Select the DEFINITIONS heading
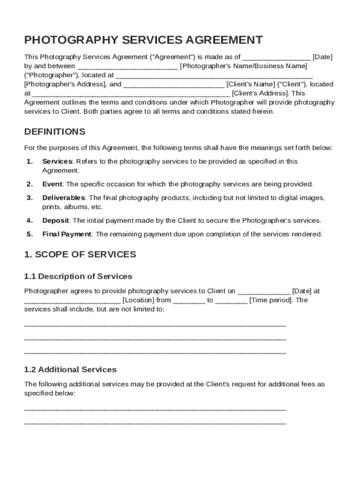coord(55,131)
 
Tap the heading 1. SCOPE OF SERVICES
coord(80,254)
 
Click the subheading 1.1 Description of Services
coord(78,276)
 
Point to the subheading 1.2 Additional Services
coord(70,370)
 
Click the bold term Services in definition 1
coord(57,161)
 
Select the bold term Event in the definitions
coord(52,184)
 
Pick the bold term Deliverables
coord(64,198)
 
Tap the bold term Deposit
coord(56,220)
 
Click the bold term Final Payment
coord(67,234)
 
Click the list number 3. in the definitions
coord(29,198)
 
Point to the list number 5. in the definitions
coord(29,234)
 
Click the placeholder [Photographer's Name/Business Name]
coord(244,66)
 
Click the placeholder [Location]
coord(138,300)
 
